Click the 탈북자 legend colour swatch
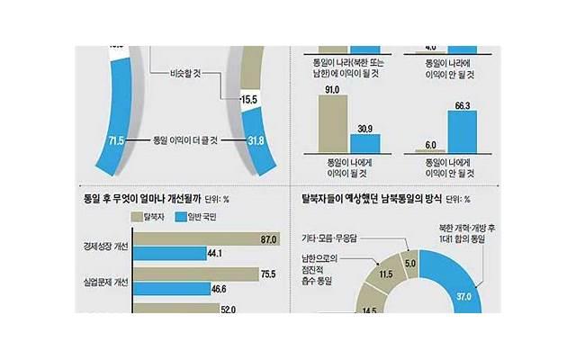click(x=140, y=216)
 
